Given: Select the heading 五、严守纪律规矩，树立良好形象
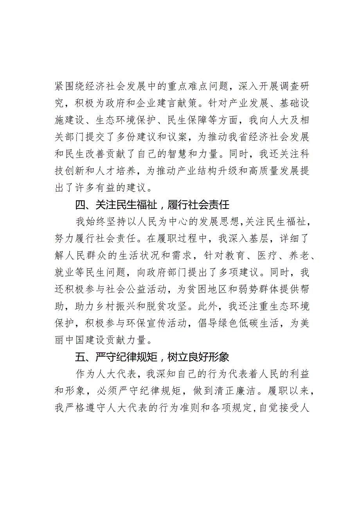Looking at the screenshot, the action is tap(153, 357).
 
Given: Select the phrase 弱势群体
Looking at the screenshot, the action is tap(239, 290).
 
